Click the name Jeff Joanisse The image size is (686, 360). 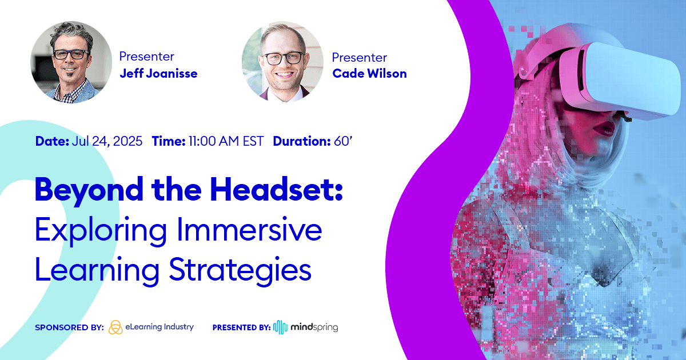[x=158, y=74]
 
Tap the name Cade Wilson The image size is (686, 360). [x=369, y=74]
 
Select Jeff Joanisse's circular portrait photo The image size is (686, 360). [x=71, y=62]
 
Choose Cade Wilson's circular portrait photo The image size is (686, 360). [x=282, y=62]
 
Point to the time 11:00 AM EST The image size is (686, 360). [x=226, y=141]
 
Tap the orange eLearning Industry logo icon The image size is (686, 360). [x=115, y=327]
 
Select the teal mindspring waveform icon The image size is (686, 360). [x=280, y=327]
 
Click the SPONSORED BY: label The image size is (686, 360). [x=69, y=327]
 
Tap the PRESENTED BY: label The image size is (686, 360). [x=241, y=327]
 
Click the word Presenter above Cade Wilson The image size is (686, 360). [x=359, y=57]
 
